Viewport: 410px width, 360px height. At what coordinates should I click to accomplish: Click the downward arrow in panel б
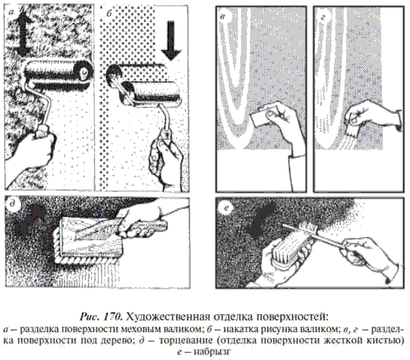click(171, 40)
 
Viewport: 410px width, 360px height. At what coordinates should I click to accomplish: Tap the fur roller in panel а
click(58, 72)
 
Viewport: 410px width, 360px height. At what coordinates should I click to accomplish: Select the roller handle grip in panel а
click(43, 130)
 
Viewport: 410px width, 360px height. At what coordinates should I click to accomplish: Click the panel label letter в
click(222, 16)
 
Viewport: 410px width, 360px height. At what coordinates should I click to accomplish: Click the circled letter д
click(11, 205)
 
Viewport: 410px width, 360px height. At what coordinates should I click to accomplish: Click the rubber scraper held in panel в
click(261, 117)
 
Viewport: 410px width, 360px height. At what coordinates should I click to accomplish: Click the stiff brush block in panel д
click(89, 239)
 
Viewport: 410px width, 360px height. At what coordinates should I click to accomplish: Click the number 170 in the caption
click(112, 317)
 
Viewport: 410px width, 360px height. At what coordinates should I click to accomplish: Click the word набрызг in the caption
click(211, 352)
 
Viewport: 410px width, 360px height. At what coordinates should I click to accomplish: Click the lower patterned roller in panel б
click(152, 94)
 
